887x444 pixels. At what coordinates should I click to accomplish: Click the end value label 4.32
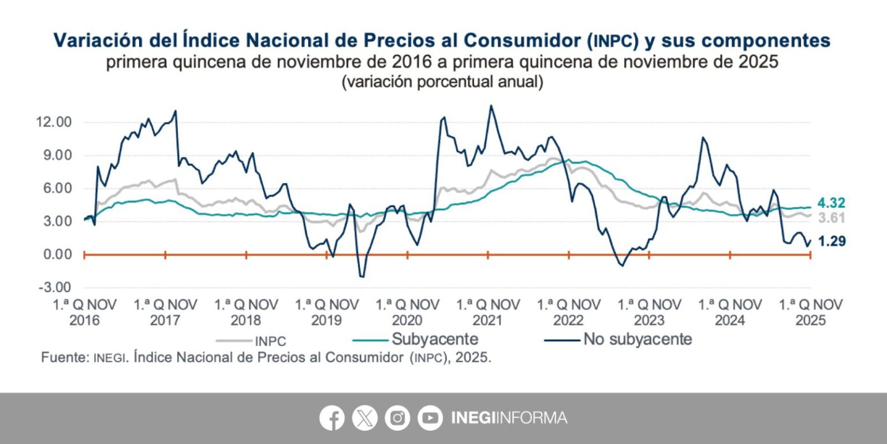tap(832, 203)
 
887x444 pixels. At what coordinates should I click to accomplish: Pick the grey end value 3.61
tap(832, 218)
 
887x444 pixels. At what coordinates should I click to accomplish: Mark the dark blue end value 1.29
tap(832, 242)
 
